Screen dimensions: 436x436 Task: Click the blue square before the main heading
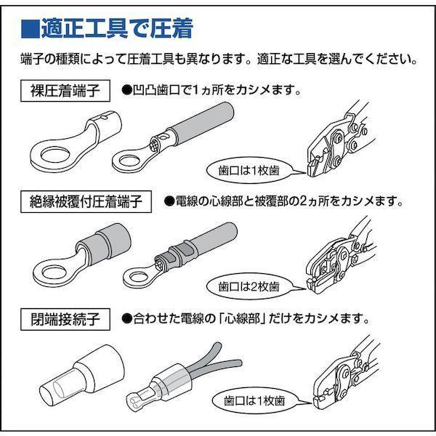(30, 28)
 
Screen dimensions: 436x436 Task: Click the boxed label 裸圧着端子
(65, 91)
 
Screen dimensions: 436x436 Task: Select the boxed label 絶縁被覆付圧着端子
(86, 201)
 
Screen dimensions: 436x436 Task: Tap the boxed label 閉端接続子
(65, 319)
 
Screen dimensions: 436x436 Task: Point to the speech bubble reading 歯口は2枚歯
(249, 286)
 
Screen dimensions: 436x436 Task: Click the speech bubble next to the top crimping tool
(249, 171)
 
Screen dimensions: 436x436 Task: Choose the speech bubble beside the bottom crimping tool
(254, 400)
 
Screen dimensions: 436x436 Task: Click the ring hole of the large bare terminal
(54, 156)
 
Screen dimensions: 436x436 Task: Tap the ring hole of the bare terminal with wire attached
(129, 161)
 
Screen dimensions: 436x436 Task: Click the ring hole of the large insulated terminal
(54, 272)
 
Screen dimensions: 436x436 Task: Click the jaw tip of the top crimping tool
(312, 169)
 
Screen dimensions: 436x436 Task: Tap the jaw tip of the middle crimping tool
(312, 285)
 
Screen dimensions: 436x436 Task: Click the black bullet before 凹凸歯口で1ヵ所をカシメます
(126, 90)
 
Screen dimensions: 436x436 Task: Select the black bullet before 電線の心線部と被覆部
(169, 201)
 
